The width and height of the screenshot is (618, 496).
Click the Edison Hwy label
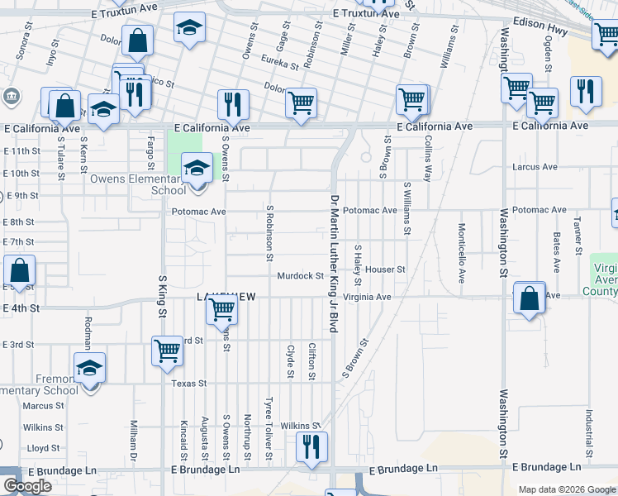547,25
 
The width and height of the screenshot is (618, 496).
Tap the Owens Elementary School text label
139,184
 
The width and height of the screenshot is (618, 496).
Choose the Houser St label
386,269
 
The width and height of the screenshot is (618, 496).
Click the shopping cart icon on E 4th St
221,309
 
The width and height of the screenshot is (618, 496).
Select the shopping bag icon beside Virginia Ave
529,299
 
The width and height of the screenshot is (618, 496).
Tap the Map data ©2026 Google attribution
566,489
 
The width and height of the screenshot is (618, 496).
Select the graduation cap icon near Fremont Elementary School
89,368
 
